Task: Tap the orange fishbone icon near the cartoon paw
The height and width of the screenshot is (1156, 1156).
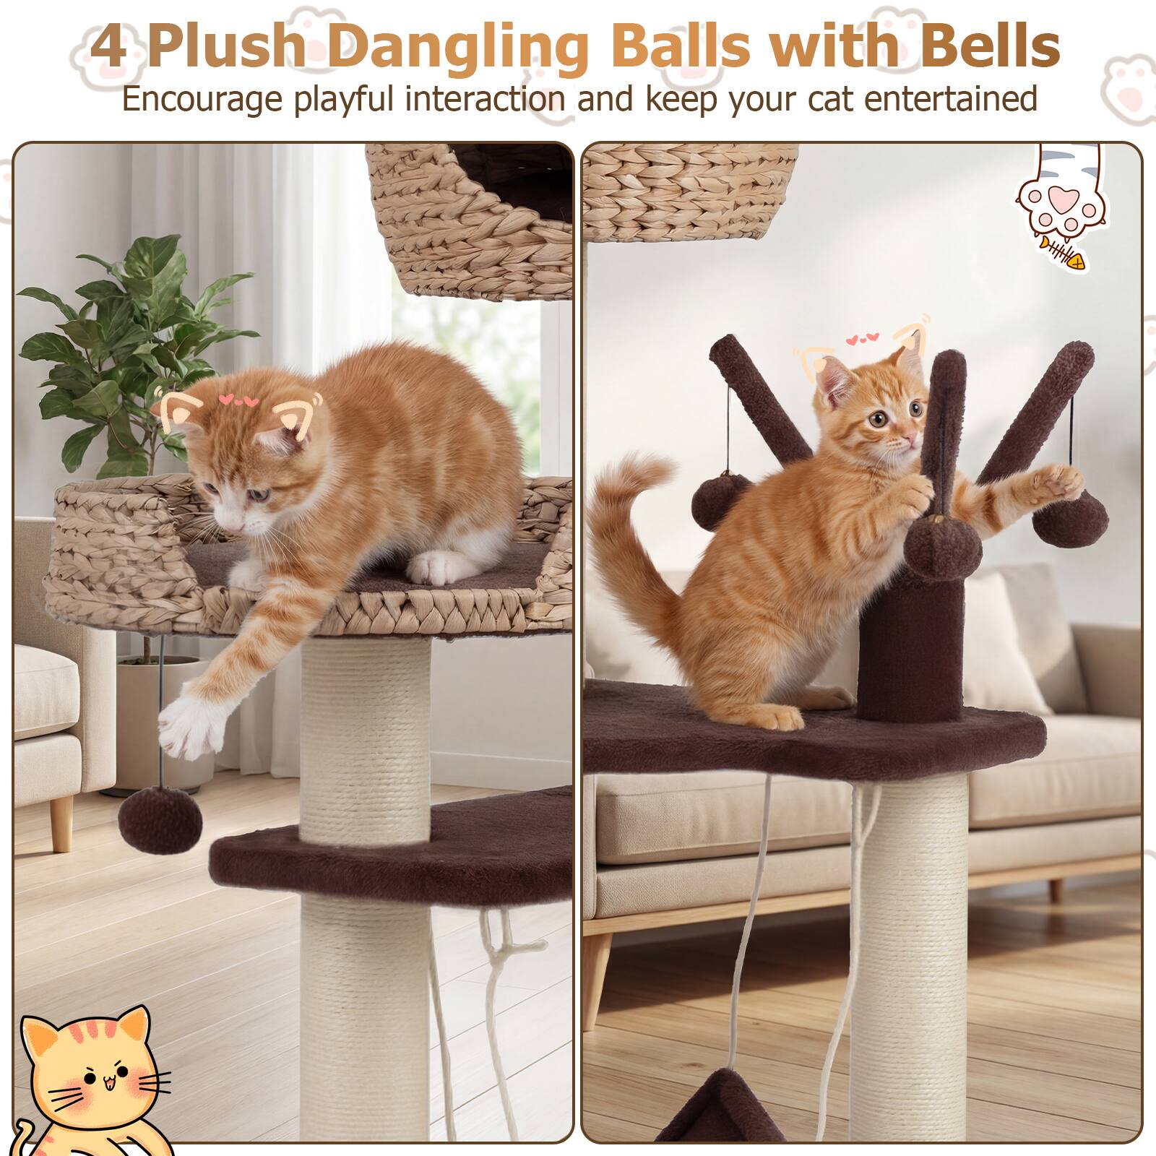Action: click(1065, 253)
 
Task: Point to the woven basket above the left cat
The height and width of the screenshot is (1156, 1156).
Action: click(470, 217)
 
